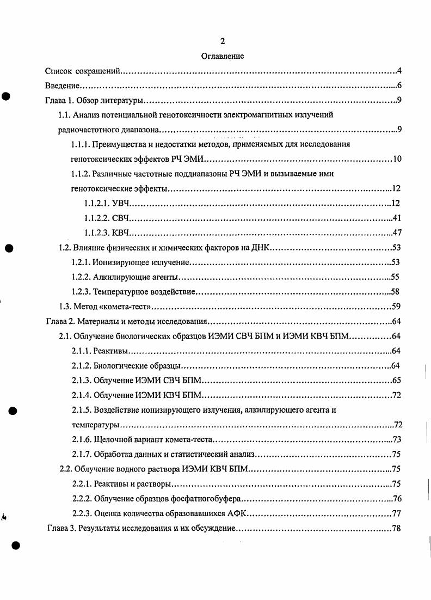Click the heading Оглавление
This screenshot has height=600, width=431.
222,56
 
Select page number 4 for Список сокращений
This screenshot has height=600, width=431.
399,71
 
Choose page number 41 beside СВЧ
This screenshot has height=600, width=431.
396,218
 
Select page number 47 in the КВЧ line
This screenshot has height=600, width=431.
396,233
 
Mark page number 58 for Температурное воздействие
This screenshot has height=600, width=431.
396,292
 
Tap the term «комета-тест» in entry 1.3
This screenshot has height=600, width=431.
126,307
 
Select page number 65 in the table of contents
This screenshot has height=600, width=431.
396,380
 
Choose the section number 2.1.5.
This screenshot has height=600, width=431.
82,410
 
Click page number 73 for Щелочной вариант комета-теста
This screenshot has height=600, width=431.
396,439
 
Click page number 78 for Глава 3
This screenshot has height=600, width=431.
396,528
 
